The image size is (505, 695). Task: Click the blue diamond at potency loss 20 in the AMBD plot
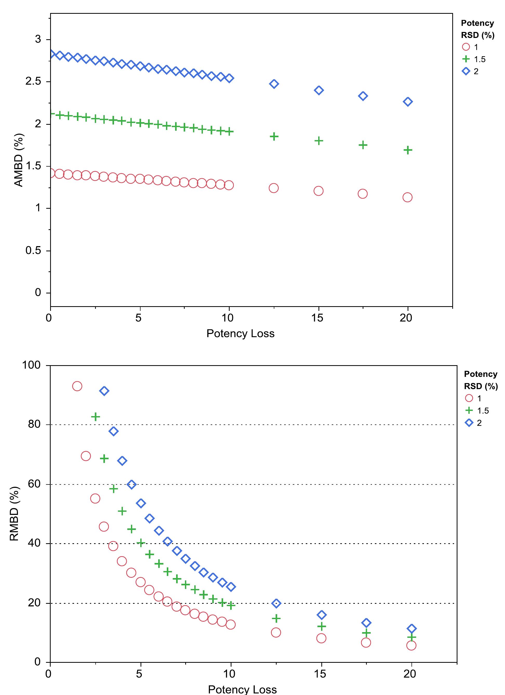(407, 102)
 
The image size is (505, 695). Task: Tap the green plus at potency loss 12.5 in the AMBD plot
(274, 136)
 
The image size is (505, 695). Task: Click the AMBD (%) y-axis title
(19, 160)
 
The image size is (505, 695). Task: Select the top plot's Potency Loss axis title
(240, 333)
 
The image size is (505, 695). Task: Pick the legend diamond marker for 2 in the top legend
(466, 71)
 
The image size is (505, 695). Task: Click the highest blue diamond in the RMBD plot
(104, 391)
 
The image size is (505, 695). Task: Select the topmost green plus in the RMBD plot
(96, 417)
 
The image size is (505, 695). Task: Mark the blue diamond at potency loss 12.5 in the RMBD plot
(276, 603)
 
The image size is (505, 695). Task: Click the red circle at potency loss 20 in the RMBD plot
(411, 645)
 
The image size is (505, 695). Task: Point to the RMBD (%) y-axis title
(14, 514)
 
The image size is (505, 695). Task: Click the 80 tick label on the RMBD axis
(34, 424)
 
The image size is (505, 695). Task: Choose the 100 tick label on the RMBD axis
(31, 365)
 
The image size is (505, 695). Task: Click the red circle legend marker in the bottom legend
(469, 398)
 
